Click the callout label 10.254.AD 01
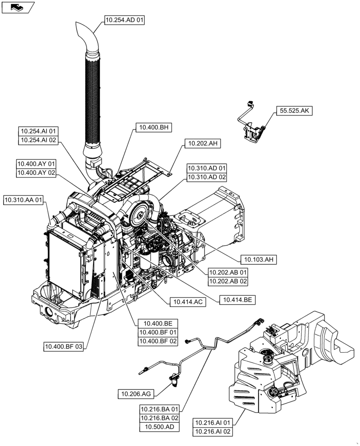pos(125,20)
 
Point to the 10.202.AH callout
pos(202,143)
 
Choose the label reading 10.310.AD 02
pos(207,177)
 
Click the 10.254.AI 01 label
pos(39,132)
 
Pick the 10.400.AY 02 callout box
pos(36,173)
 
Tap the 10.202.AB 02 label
pos(228,281)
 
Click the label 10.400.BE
pos(158,324)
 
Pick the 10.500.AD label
pos(160,427)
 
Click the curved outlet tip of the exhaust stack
pos(85,31)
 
